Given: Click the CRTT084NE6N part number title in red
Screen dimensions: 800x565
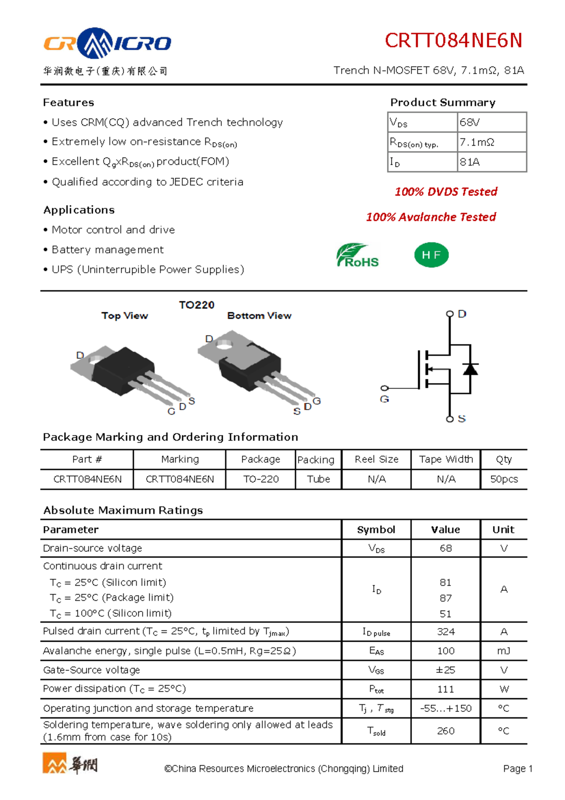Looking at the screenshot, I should [453, 41].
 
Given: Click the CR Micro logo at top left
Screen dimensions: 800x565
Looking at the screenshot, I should [107, 43].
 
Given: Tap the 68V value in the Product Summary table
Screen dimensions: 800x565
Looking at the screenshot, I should [469, 122].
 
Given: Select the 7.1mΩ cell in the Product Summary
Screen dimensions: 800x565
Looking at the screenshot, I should [476, 142].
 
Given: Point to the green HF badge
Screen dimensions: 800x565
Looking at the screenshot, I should [431, 255].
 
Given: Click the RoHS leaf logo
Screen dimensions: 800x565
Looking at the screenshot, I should [358, 255].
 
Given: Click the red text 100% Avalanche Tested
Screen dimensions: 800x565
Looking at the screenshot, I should [431, 217].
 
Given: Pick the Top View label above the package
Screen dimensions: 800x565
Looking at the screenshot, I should [124, 316].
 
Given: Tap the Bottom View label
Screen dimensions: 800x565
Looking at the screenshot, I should [259, 316].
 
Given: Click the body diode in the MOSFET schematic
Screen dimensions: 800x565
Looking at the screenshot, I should [470, 368].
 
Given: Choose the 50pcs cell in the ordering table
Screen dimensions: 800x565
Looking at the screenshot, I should [504, 479].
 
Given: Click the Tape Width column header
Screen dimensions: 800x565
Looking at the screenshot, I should [446, 459].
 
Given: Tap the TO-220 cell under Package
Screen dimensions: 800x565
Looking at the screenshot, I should [261, 479].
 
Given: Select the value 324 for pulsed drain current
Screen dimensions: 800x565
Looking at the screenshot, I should [445, 632].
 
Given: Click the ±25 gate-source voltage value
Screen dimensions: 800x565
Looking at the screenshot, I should [445, 670].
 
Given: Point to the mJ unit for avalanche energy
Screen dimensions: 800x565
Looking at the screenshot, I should [504, 651].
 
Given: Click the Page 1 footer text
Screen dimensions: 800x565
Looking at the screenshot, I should [517, 769].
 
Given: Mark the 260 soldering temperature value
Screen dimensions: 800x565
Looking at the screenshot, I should [445, 731].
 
